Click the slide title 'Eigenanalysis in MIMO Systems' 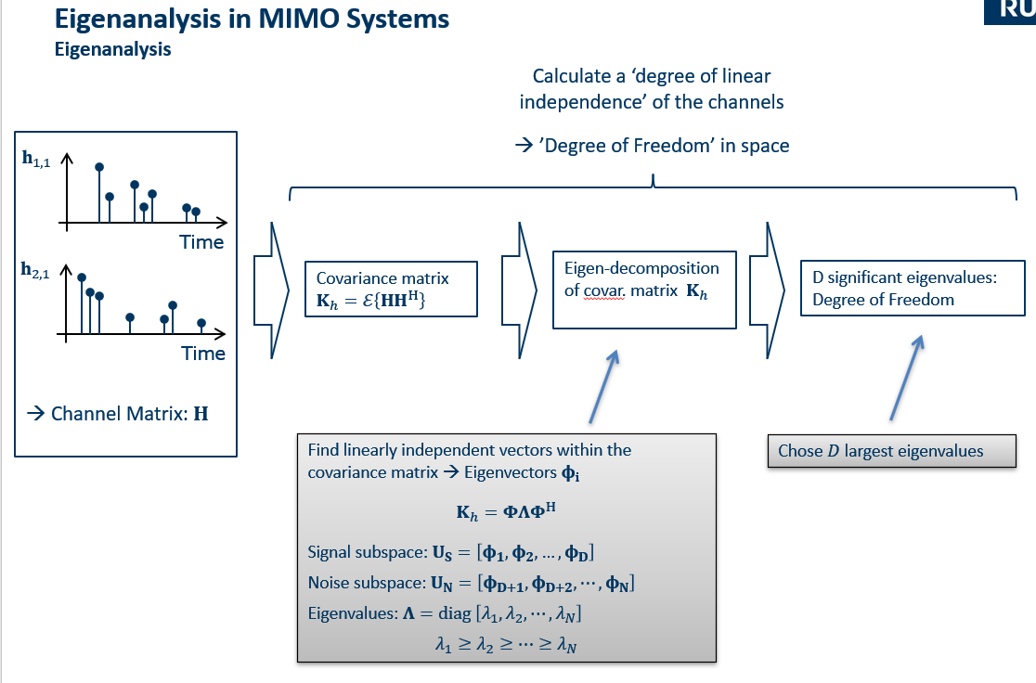pyautogui.click(x=252, y=19)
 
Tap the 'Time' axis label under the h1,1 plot pyautogui.click(x=202, y=242)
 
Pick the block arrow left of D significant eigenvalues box pyautogui.click(x=770, y=289)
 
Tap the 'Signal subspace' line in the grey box pyautogui.click(x=450, y=553)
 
